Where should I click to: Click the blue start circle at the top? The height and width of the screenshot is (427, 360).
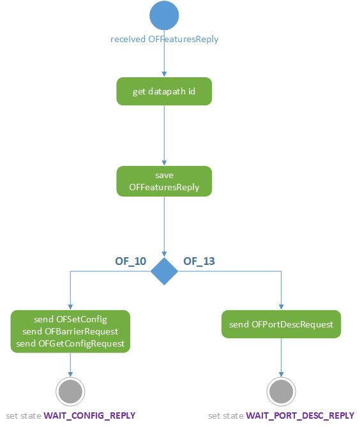coord(165,16)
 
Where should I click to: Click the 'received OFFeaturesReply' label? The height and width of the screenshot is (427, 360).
coord(164,40)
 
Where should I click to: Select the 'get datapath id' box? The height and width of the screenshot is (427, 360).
coord(164,92)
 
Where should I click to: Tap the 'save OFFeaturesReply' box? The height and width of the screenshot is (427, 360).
coord(164,181)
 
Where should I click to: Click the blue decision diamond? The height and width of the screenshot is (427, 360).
coord(165,271)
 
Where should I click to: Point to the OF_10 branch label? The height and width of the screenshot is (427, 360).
coord(130,261)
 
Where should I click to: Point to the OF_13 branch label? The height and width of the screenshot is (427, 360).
coord(199,261)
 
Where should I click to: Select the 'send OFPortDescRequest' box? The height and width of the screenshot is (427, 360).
coord(281,324)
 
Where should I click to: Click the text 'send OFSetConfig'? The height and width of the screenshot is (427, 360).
coord(70,319)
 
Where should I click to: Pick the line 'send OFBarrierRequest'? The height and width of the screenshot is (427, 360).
coord(70,331)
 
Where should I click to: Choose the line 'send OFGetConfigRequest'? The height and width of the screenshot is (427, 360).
coord(70,343)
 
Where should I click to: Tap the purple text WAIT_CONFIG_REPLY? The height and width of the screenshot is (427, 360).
coord(89,416)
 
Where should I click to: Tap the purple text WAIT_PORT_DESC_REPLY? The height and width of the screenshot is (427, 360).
coord(300,416)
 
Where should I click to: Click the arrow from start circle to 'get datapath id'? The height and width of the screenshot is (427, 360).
coord(165,61)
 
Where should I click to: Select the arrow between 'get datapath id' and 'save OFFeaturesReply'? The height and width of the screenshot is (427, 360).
coord(165,135)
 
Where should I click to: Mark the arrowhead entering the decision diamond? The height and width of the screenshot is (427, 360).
coord(165,253)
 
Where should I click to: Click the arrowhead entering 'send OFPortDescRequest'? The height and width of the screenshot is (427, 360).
coord(281,306)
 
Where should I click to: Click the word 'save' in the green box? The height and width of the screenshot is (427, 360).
coord(164,175)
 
